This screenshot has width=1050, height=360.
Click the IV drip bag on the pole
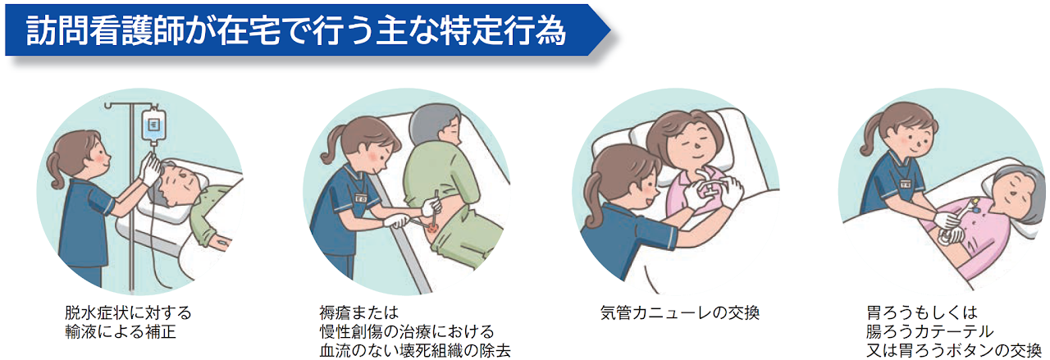(153, 125)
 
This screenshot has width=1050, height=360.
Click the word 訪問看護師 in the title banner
(107, 30)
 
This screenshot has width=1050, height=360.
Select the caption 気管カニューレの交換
(680, 312)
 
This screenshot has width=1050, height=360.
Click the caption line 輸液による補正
(121, 332)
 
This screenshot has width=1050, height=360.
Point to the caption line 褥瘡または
(358, 312)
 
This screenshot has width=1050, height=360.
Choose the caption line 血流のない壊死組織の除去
(415, 351)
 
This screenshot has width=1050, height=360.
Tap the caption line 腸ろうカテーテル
(929, 332)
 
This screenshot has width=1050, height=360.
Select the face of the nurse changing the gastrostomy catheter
(911, 139)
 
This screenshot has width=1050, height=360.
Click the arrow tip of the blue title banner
(609, 30)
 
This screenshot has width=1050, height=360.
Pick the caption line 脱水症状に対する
(128, 312)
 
